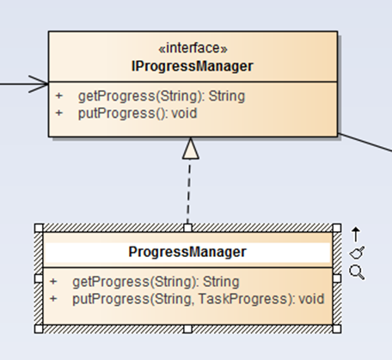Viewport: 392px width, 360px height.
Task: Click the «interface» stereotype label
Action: click(193, 48)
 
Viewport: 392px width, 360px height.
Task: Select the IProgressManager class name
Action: click(193, 66)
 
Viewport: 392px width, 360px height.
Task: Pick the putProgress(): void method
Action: click(138, 113)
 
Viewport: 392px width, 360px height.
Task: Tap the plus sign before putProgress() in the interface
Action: click(59, 113)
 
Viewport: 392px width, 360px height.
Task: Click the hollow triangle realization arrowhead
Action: click(191, 148)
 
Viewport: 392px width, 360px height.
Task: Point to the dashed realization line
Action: click(188, 192)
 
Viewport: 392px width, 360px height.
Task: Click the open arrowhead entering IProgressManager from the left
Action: click(39, 84)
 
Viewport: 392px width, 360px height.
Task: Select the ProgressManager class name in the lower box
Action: click(187, 252)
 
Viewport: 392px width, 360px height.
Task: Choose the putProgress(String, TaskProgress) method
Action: click(199, 299)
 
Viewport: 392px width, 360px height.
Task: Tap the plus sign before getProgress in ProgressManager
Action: click(53, 282)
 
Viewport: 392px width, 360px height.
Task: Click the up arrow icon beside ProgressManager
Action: click(356, 234)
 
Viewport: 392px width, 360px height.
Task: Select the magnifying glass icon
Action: click(357, 272)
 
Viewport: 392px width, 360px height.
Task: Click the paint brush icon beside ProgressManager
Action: click(357, 253)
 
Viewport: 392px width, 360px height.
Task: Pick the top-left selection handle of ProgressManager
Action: click(39, 228)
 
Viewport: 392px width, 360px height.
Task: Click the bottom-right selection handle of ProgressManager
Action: click(337, 329)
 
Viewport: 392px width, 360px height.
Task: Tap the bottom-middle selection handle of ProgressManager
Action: click(187, 329)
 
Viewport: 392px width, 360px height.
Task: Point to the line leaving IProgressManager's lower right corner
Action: click(365, 142)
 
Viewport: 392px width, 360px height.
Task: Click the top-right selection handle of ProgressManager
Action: click(337, 228)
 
